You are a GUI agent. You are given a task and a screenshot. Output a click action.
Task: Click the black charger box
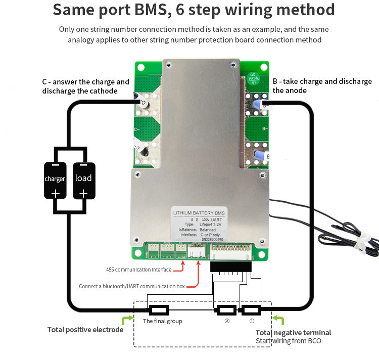pos(55,181)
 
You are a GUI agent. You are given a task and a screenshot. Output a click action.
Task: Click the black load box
pos(83,181)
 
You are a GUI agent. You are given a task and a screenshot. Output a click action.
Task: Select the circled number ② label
pos(227,321)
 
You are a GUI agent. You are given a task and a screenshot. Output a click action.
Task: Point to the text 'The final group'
pos(162,321)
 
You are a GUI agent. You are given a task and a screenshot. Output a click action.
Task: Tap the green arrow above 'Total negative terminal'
pos(278,319)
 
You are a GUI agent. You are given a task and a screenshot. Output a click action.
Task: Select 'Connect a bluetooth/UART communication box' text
pos(131,286)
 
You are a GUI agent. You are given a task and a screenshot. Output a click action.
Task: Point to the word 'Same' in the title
pos(76,10)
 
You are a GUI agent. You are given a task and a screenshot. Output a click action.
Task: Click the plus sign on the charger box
pos(55,193)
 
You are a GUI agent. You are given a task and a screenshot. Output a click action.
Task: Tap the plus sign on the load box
pos(83,193)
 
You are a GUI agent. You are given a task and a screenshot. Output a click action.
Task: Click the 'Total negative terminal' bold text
pos(293,332)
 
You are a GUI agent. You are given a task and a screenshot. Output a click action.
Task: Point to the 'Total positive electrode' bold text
pos(85,330)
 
